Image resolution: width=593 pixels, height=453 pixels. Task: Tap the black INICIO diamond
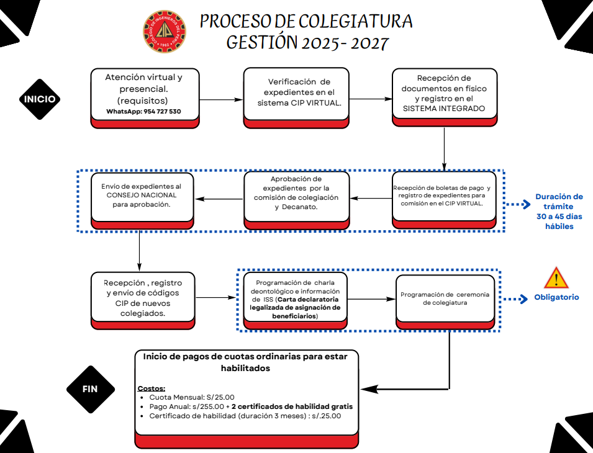(40, 99)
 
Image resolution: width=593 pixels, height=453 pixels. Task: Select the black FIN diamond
(91, 389)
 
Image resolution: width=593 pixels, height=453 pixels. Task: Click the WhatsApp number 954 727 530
(143, 111)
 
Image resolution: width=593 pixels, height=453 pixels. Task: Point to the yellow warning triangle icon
(556, 277)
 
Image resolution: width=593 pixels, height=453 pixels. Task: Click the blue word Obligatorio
(556, 297)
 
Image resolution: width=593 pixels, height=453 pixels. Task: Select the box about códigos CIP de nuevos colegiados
(145, 298)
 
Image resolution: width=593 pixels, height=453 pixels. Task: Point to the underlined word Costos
(151, 388)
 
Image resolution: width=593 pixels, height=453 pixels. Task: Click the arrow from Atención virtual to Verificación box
(221, 99)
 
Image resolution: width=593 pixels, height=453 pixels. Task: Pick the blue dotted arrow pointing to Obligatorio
(514, 299)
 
